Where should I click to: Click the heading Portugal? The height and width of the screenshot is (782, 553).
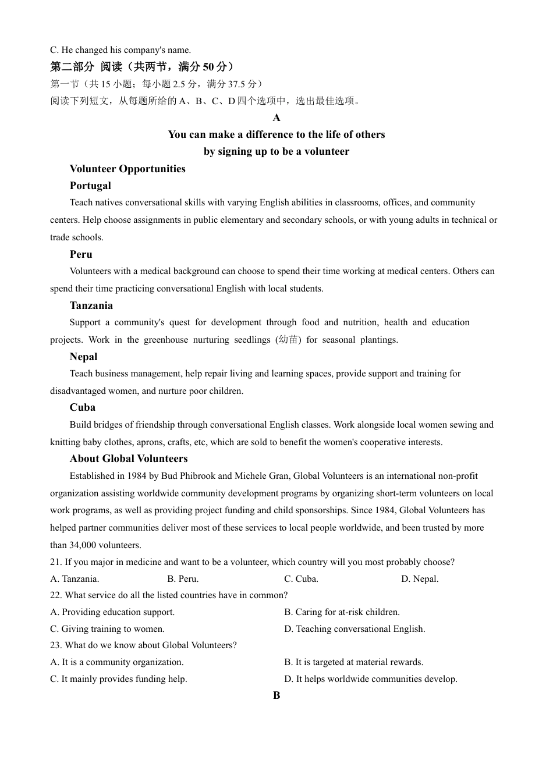tap(90, 186)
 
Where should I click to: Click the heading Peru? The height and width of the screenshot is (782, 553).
tap(81, 254)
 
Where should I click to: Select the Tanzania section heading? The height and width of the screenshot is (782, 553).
tap(91, 305)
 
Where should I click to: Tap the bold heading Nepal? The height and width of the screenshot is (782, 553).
tap(83, 357)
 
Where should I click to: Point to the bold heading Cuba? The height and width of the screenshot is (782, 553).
tap(83, 407)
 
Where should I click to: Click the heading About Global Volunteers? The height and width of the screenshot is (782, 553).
tap(129, 458)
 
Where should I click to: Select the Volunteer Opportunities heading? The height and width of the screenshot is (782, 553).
tap(127, 169)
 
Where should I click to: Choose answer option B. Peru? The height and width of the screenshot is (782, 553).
tap(183, 579)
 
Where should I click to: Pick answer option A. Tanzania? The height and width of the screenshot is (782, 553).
tap(75, 579)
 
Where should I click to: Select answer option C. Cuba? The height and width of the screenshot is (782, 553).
tap(301, 579)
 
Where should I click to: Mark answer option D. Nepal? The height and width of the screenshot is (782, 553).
tap(420, 579)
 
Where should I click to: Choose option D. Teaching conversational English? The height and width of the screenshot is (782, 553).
tap(355, 629)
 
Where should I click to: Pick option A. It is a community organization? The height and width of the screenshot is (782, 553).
tap(117, 662)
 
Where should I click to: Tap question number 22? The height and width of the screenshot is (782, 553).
tap(56, 595)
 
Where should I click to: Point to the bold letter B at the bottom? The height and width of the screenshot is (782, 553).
tap(276, 695)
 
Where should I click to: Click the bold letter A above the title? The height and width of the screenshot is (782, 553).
tap(276, 118)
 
